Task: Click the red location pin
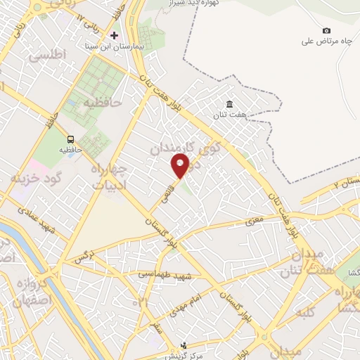coord(181,166)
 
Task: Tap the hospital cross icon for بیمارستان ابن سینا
coord(115,35)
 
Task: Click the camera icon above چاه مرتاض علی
coord(326,30)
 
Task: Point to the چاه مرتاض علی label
coord(326,41)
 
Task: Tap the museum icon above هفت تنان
coord(229,104)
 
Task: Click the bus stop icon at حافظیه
coord(70,139)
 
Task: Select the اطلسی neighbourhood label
coord(49,53)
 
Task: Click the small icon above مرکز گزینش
coord(184,345)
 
